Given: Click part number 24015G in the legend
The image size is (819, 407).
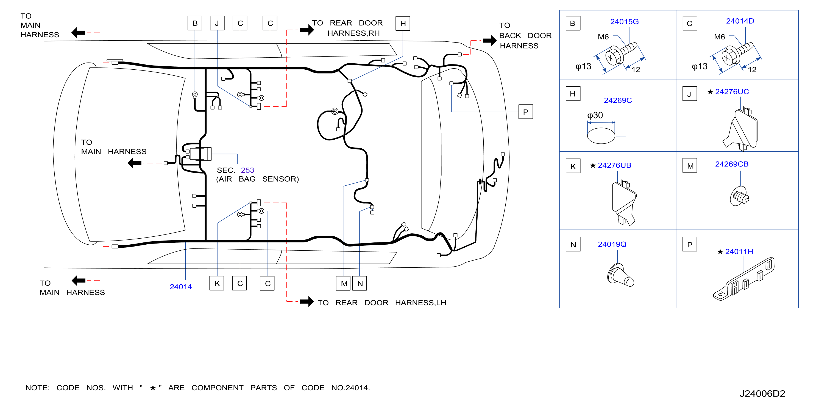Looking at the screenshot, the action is [x=624, y=22].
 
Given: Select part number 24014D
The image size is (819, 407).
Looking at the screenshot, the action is [x=740, y=21].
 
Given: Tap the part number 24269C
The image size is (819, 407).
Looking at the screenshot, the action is [x=617, y=100].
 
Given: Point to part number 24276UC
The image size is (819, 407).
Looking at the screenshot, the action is [x=732, y=92].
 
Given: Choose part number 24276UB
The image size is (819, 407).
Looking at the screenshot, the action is [x=614, y=165].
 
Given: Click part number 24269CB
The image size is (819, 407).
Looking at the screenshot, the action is [x=732, y=164].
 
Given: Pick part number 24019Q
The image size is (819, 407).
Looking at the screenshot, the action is [x=612, y=244].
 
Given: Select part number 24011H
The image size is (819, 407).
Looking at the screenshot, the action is [x=739, y=252].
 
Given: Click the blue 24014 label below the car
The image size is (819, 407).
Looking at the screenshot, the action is [x=181, y=287].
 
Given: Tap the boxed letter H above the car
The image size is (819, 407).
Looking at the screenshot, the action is [x=403, y=24].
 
